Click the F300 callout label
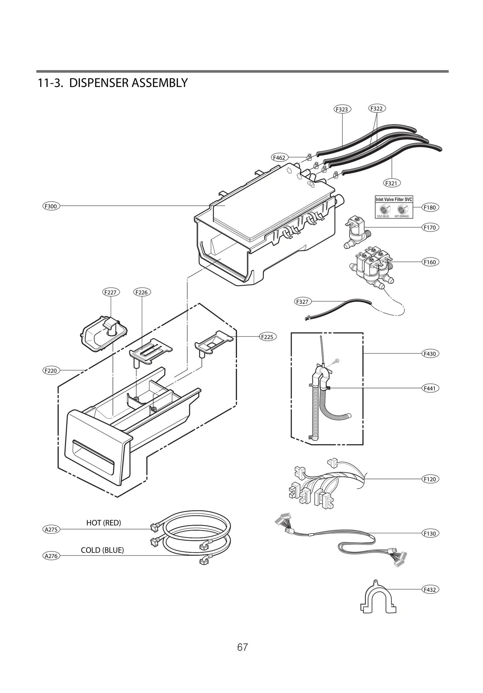pos(51,207)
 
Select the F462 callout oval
pos(279,158)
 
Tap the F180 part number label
pos(430,207)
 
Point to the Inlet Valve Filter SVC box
pos(394,207)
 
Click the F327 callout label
pos(302,301)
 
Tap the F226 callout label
pos(142,292)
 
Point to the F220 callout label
pos(51,371)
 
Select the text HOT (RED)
pos(104,523)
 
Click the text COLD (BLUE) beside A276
pos(102,550)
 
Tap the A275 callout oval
pos(51,529)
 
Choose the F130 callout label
pos(430,534)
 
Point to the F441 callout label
pos(430,388)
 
